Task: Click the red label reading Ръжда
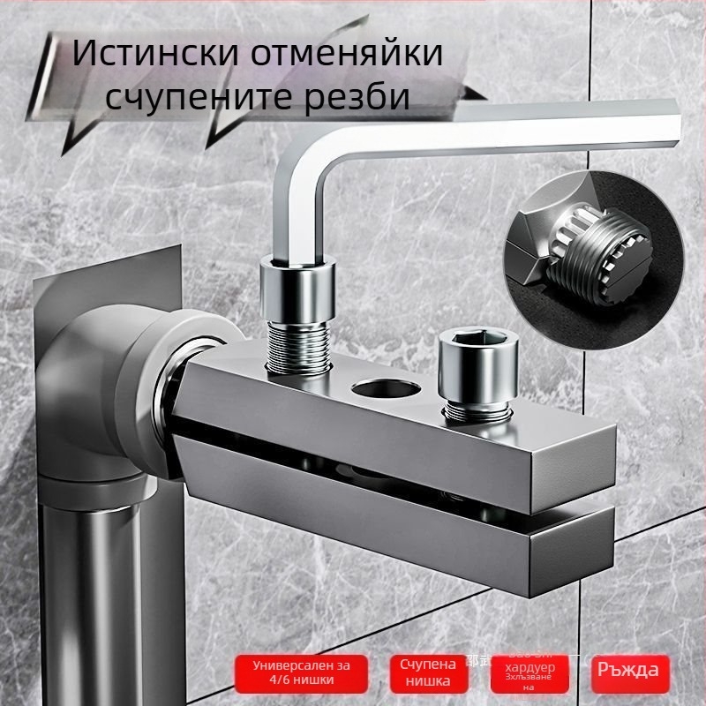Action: (x=627, y=669)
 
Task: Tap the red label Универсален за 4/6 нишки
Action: (x=301, y=672)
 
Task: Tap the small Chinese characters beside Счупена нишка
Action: (x=476, y=660)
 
